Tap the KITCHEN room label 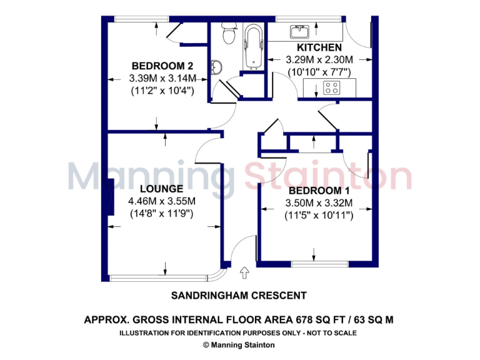319,47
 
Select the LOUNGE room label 161,189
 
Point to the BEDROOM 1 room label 319,191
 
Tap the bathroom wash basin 216,66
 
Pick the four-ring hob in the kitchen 331,88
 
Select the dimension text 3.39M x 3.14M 162,78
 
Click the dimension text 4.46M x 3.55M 161,201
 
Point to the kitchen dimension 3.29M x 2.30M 319,60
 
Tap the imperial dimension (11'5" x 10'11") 319,215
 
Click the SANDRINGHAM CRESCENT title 239,296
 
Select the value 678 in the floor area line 285,319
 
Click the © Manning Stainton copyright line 239,344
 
